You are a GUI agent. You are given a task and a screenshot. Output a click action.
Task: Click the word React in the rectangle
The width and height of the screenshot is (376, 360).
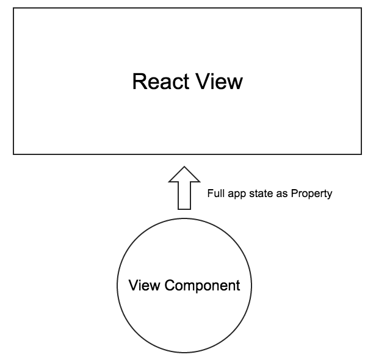coord(161,82)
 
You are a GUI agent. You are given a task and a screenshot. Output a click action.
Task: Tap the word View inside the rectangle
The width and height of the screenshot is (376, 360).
coord(219,82)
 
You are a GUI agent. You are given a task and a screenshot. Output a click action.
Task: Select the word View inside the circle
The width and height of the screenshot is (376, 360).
coord(144,285)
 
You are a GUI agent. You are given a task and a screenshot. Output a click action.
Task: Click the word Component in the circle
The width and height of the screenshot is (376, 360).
coord(202,286)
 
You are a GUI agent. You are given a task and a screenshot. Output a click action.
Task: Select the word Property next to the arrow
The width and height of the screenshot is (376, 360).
coord(311,194)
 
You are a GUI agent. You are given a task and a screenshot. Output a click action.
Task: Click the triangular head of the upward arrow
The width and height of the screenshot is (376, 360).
coord(184,176)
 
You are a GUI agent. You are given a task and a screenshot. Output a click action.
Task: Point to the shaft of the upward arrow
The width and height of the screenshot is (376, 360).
coord(184,196)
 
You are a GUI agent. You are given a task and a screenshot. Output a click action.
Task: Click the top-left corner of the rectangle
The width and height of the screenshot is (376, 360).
coord(13,8)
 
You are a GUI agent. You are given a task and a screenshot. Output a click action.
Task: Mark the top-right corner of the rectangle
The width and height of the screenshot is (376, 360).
coord(361,8)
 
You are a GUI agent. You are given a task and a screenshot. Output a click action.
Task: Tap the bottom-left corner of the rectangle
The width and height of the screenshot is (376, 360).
coord(13,154)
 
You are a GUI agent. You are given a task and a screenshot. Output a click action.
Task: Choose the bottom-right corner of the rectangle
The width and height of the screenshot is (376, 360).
coord(361,154)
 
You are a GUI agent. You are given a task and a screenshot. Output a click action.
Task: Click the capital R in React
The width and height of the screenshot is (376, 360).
coord(139,82)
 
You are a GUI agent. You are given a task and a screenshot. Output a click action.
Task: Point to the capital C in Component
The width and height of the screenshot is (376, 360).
coord(170,285)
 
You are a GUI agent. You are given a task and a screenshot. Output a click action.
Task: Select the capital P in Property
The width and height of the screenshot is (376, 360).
coord(294,193)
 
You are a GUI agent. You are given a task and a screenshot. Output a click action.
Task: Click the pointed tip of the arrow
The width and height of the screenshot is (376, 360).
coord(184,167)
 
